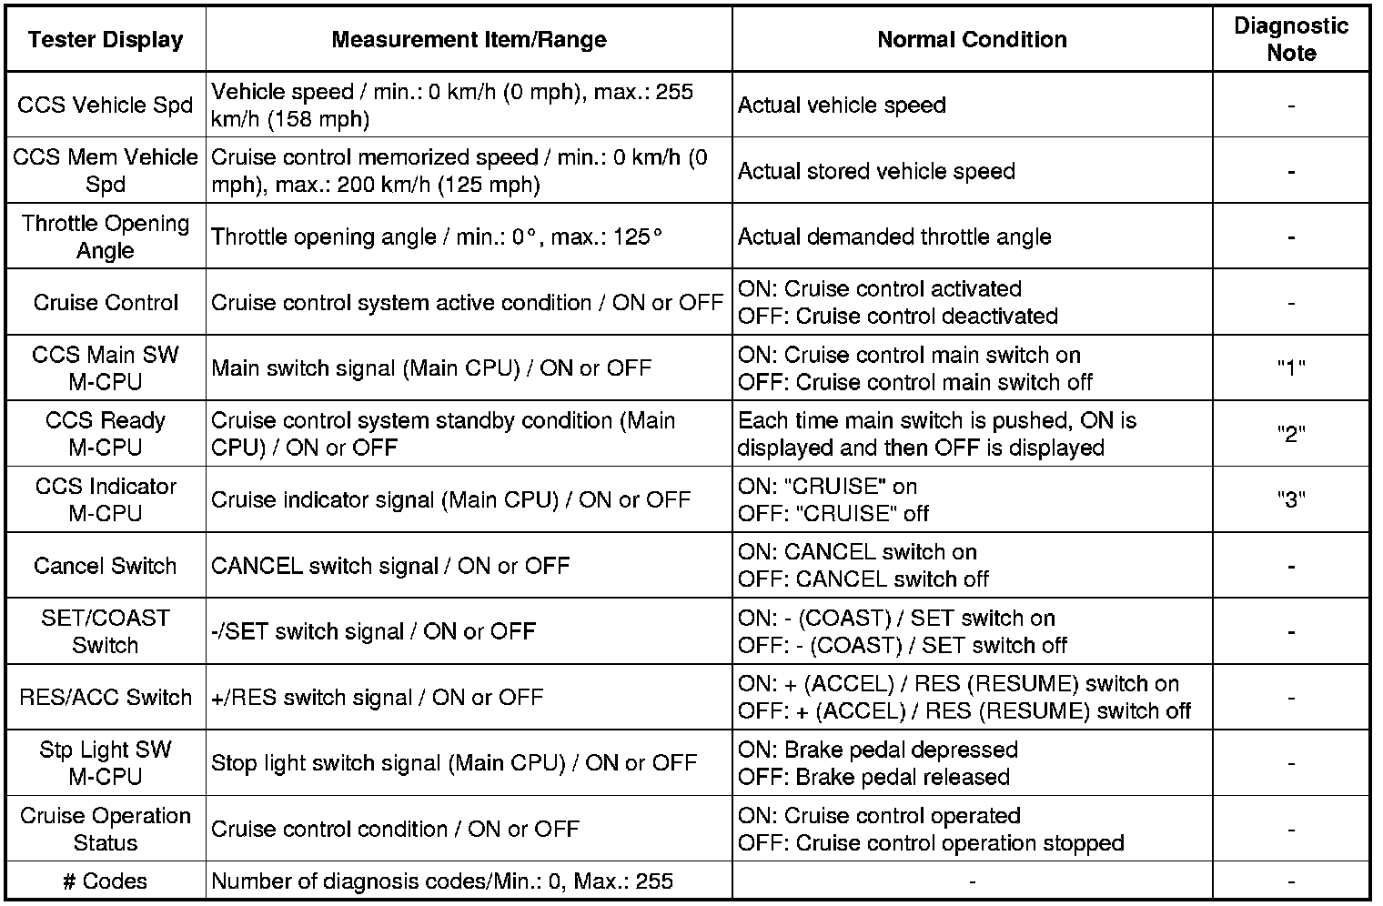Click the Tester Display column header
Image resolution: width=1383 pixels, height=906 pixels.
point(106,40)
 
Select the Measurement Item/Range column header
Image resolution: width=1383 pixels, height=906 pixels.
point(469,40)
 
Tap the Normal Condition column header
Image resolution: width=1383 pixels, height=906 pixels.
point(972,40)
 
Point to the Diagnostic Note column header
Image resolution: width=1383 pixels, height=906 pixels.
point(1290,39)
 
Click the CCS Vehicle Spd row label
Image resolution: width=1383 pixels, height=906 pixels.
point(106,106)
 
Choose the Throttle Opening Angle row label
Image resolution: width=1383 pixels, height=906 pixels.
point(106,237)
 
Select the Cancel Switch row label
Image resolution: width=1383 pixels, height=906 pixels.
point(106,566)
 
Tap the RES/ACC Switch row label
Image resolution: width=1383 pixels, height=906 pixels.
point(106,698)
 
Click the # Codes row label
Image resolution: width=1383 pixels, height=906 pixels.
point(106,881)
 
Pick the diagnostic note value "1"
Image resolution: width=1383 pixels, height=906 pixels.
point(1291,368)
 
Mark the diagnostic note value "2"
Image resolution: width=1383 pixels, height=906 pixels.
point(1291,434)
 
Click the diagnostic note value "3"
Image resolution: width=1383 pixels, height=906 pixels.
point(1291,499)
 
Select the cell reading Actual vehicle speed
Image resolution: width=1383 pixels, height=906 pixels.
point(842,106)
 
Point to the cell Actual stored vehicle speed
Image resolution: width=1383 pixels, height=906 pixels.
point(876,171)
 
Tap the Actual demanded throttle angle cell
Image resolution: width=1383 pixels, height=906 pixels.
point(894,237)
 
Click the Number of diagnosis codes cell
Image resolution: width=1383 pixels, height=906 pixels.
point(442,881)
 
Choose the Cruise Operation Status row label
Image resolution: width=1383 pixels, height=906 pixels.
point(106,829)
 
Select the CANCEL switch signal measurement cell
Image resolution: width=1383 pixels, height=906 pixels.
point(390,566)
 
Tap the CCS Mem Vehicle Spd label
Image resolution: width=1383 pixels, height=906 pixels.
point(106,171)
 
